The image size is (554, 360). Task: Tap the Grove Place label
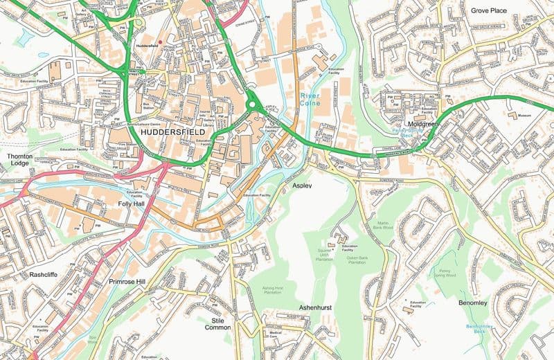(x=488, y=10)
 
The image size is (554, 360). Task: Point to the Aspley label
(x=302, y=186)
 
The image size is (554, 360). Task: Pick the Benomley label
(x=473, y=303)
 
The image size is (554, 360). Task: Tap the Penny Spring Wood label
(x=446, y=272)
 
